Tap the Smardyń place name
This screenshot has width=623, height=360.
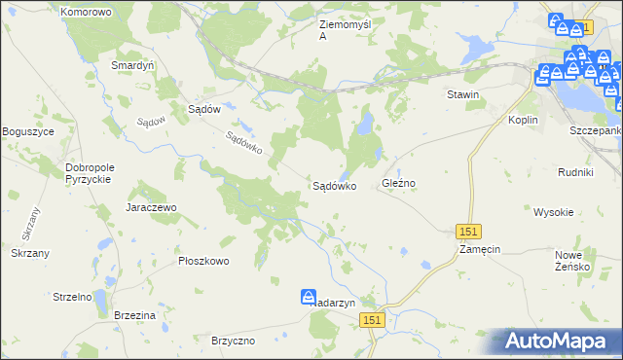[134, 65]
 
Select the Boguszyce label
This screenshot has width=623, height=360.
[27, 131]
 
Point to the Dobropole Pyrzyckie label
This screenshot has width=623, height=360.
[91, 173]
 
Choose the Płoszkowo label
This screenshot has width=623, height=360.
[202, 261]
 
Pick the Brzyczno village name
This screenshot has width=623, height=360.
[233, 341]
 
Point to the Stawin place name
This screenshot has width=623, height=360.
[463, 94]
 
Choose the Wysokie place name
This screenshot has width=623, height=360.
[553, 211]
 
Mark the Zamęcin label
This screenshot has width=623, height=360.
[480, 249]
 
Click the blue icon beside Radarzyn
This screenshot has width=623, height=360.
[308, 297]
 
